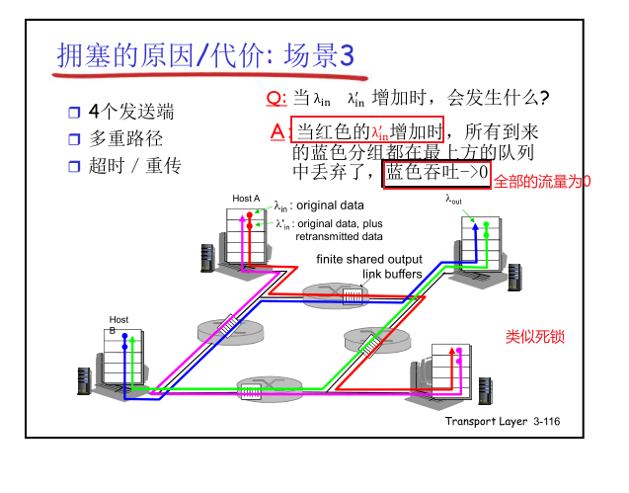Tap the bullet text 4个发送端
click(130, 111)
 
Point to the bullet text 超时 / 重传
click(135, 166)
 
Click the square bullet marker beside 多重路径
click(74, 139)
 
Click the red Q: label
click(276, 97)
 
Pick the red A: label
click(277, 131)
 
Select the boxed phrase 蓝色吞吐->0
click(435, 173)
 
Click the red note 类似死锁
click(534, 337)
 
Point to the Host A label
click(246, 199)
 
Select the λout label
click(454, 200)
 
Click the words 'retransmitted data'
click(339, 237)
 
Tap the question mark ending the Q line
click(544, 97)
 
